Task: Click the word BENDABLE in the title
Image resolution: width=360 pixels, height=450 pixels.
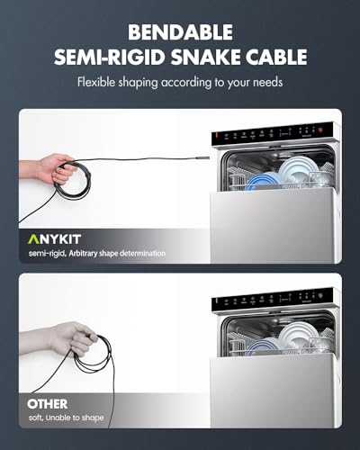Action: pyautogui.click(x=179, y=33)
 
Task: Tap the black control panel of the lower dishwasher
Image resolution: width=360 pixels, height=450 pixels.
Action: pyautogui.click(x=274, y=305)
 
